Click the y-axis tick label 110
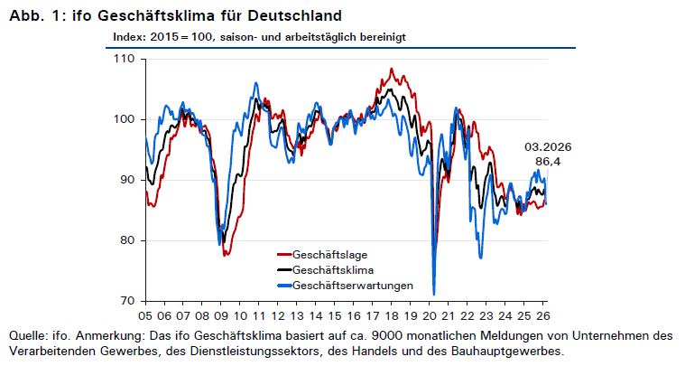tap(125, 59)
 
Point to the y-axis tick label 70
tap(128, 301)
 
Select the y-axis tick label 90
tap(128, 180)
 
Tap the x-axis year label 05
tap(145, 315)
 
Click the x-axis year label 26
tap(543, 315)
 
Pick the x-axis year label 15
tap(335, 315)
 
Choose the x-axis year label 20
tap(430, 315)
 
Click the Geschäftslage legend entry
tap(322, 255)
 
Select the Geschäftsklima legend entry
tap(326, 270)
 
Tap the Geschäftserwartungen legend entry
tap(345, 286)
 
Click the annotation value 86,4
tap(548, 162)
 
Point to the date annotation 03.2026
tap(548, 147)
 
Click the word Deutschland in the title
tap(294, 15)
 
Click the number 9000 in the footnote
tap(386, 336)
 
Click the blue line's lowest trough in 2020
tap(434, 295)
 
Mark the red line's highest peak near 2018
tap(392, 69)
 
